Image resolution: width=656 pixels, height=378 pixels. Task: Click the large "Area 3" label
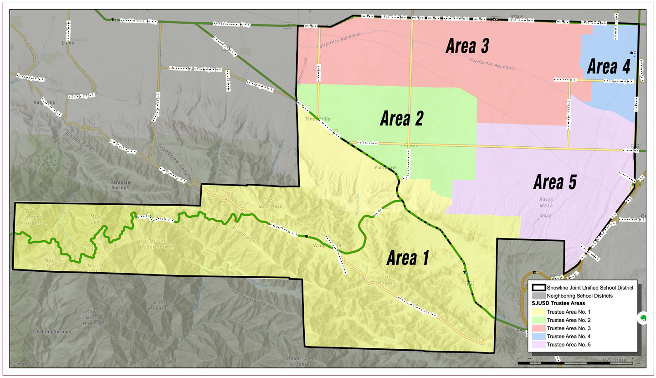[467, 46]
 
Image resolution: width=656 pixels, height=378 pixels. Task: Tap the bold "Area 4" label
[609, 67]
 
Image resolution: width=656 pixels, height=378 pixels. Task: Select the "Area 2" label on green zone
[401, 119]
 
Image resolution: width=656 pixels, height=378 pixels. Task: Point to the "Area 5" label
[555, 183]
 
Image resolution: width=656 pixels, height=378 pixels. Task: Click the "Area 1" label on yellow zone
[407, 259]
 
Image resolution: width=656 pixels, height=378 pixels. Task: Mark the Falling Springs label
[54, 331]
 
